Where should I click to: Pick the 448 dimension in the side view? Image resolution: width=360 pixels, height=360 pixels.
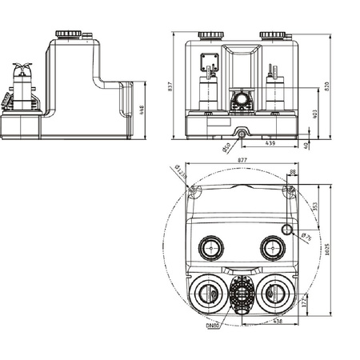(x=142, y=109)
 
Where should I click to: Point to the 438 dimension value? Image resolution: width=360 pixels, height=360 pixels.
(x=277, y=322)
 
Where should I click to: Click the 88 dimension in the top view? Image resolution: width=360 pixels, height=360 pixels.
(x=292, y=172)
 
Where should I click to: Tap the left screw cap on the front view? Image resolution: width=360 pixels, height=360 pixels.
(x=210, y=35)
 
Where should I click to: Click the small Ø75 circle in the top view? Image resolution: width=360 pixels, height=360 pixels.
(x=289, y=230)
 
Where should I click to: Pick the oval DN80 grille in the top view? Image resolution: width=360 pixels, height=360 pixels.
(x=241, y=294)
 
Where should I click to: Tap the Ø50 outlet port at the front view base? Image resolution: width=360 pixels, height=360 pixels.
(x=240, y=130)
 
